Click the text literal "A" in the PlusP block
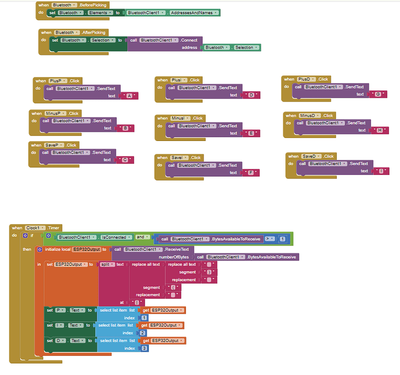(x=130, y=95)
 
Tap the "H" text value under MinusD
(x=380, y=130)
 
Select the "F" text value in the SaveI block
(x=251, y=172)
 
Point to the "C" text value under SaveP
(x=125, y=160)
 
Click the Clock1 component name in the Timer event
(x=35, y=228)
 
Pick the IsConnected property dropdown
(x=116, y=237)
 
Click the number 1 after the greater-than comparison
(x=282, y=239)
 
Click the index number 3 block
(x=144, y=348)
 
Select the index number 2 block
(x=144, y=332)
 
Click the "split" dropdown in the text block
(x=107, y=264)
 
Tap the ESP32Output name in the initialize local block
(x=86, y=249)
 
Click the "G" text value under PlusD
(x=378, y=94)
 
